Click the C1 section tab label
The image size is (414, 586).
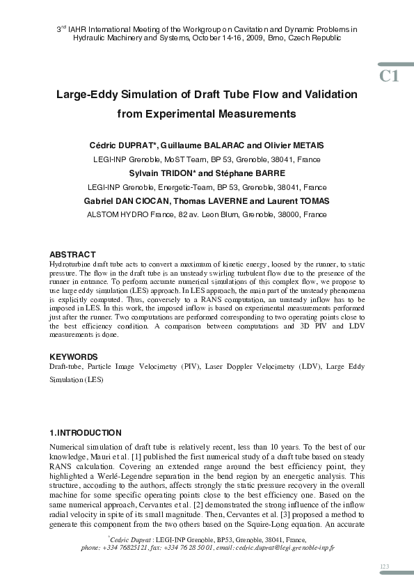click(389, 76)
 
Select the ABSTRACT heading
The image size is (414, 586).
click(72, 255)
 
